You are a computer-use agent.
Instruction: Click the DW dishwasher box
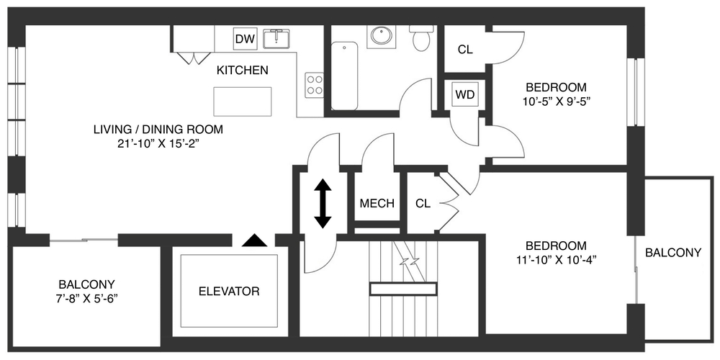click(246, 39)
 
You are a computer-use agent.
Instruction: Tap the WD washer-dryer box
click(464, 94)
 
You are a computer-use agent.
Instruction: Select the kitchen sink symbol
click(276, 38)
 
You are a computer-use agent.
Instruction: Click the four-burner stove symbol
click(314, 85)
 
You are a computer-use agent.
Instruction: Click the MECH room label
click(377, 203)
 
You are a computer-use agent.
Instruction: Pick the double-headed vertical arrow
click(323, 203)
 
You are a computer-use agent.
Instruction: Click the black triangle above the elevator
click(253, 240)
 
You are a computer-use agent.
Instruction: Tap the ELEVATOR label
click(228, 292)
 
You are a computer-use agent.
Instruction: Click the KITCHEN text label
click(243, 71)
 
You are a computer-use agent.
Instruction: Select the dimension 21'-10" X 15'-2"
click(158, 143)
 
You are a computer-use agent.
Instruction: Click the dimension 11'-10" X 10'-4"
click(555, 259)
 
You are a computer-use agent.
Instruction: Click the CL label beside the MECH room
click(423, 203)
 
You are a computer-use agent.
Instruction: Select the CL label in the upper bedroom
click(465, 50)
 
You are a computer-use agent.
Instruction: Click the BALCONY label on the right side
click(673, 253)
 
